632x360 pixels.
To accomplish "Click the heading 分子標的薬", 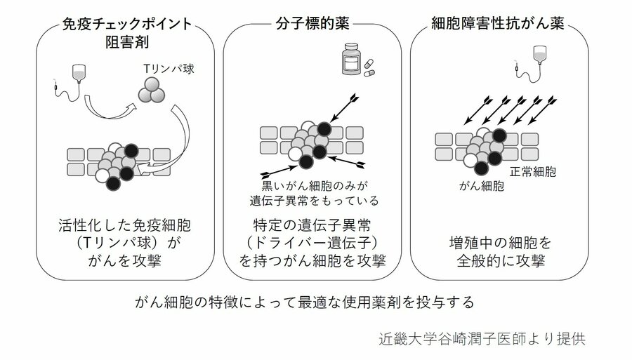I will (313, 25).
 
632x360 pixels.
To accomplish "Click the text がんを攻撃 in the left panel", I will (125, 261).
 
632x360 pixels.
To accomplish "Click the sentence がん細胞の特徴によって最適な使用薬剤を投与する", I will (306, 302).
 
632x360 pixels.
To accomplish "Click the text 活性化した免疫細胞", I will (125, 226).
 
